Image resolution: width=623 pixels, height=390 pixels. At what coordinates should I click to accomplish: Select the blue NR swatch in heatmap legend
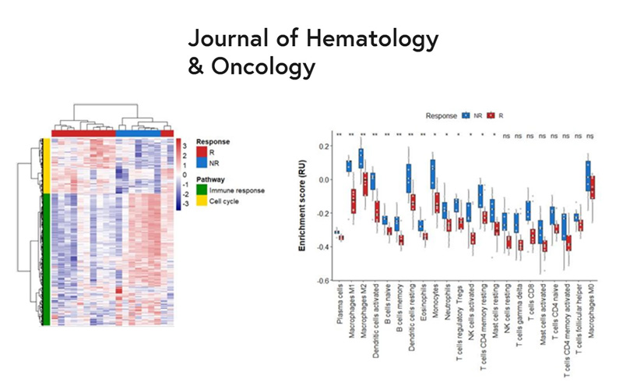(201, 165)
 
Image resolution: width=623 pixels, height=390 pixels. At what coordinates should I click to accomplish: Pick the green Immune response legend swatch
(201, 189)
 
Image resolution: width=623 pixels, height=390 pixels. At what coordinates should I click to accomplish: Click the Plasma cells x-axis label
(336, 312)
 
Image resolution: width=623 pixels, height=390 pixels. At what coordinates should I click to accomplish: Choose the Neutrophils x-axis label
(445, 308)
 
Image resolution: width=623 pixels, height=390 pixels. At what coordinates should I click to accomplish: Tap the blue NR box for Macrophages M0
(587, 175)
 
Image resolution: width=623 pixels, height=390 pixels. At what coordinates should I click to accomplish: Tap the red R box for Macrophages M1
(354, 200)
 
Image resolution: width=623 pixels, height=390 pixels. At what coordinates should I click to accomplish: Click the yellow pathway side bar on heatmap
(47, 164)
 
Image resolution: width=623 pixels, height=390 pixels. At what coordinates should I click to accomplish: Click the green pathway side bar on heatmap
(47, 257)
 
